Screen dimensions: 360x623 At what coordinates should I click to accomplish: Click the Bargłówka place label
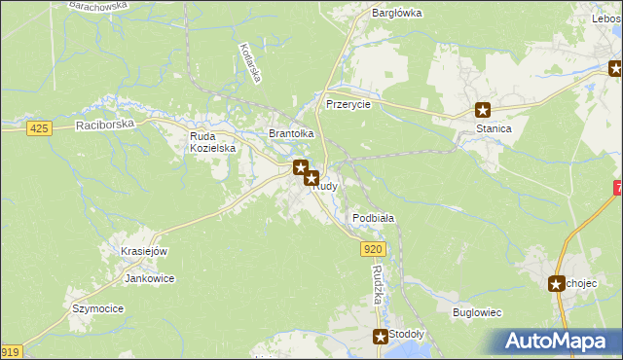point(396,14)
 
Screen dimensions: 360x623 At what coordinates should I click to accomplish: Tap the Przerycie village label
point(348,104)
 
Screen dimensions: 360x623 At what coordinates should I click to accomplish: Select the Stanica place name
point(481,127)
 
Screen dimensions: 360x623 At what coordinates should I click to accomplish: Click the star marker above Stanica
point(482,110)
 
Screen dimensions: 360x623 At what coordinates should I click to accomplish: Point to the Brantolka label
point(291,133)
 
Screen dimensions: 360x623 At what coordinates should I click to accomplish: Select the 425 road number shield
point(39,129)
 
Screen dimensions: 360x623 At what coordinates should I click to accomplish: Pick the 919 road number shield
point(10,352)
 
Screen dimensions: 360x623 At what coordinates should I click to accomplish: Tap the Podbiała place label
point(373,218)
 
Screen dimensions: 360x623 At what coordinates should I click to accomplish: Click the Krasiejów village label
point(144,251)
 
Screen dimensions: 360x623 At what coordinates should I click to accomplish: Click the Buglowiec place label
point(477,313)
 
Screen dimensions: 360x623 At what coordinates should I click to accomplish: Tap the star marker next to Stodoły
point(380,337)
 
